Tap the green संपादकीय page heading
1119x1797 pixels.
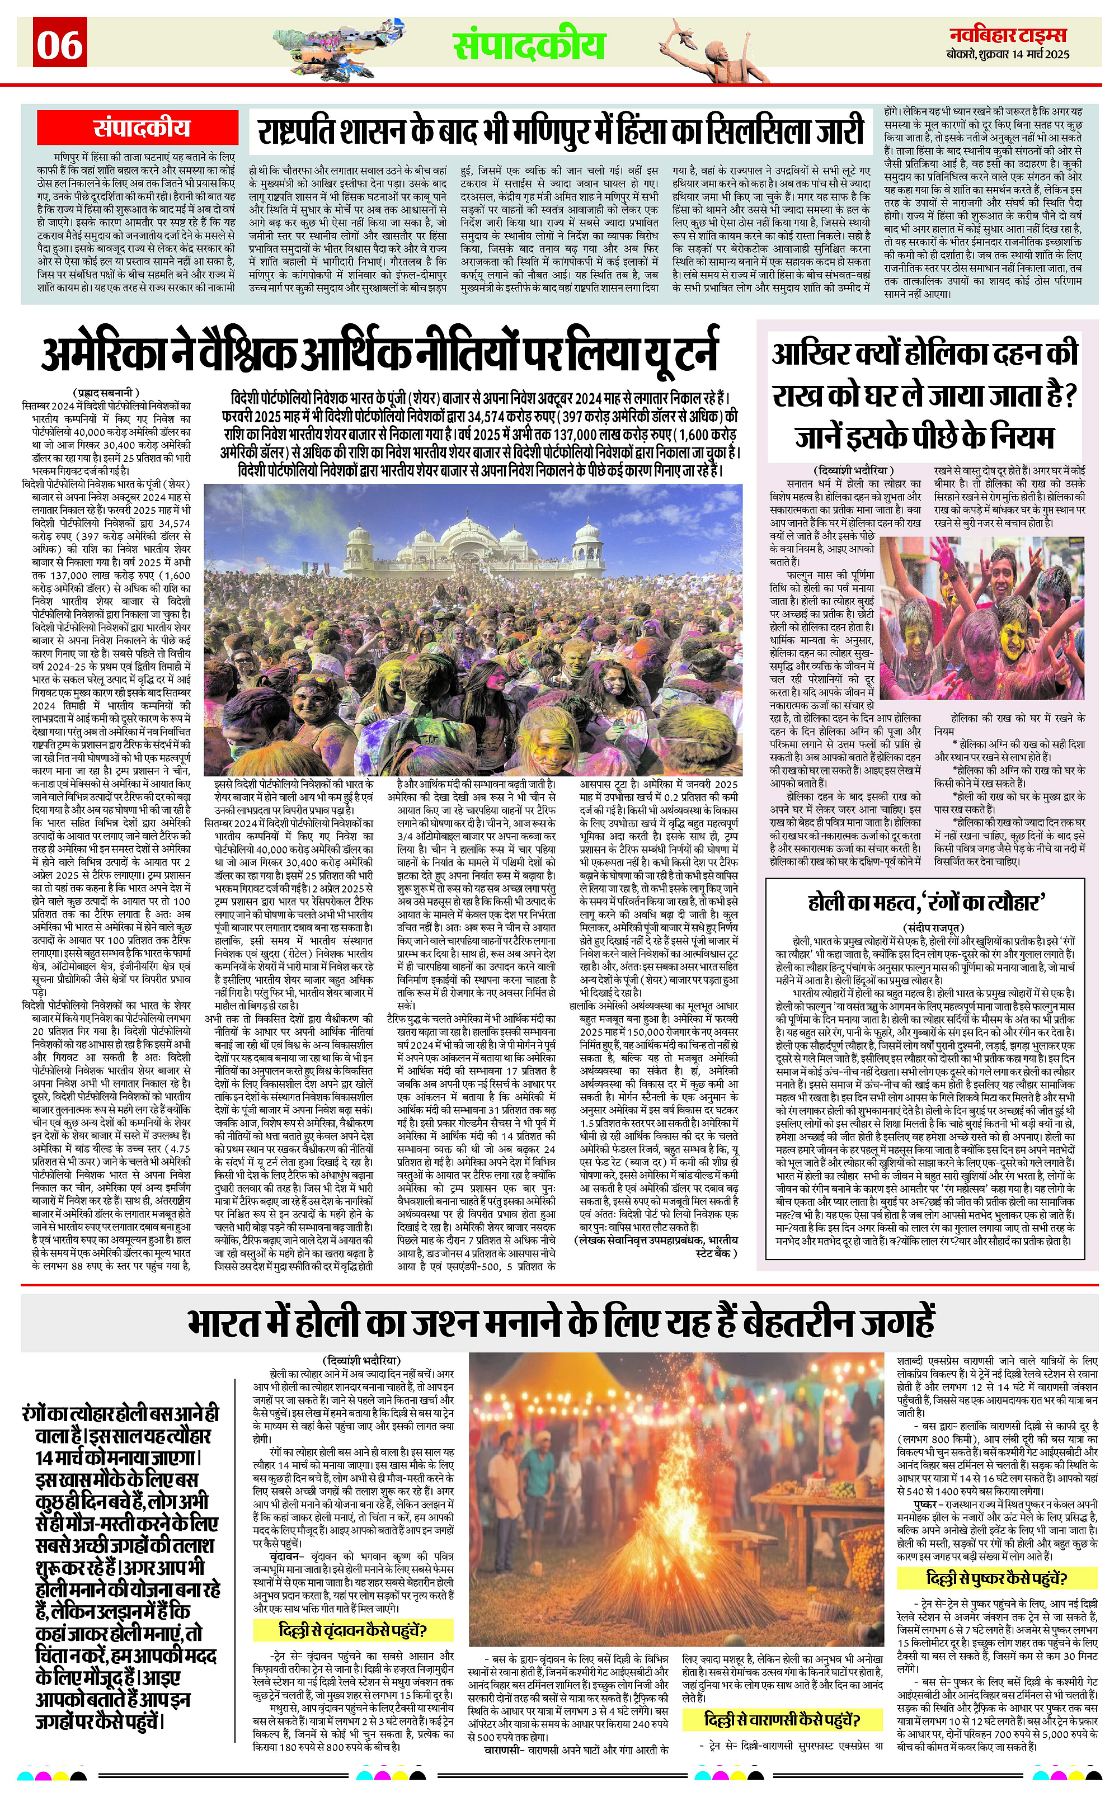[x=529, y=44]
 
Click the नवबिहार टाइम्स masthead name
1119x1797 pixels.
[x=1009, y=34]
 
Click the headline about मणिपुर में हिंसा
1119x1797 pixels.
[x=560, y=131]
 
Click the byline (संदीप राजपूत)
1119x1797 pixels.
[x=933, y=926]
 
